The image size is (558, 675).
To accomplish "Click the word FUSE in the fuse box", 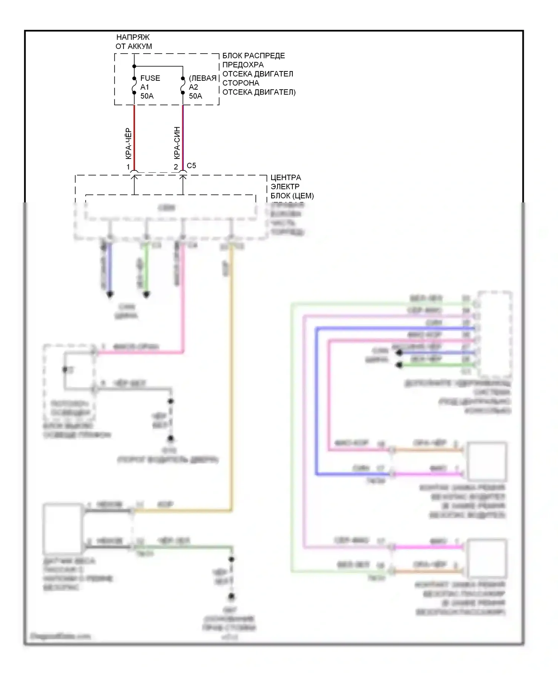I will (x=150, y=78).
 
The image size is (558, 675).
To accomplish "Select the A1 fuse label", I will (x=145, y=87).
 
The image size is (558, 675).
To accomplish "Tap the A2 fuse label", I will (x=193, y=87).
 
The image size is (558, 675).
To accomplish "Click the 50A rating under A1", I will (x=147, y=96).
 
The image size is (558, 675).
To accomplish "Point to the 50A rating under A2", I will (x=196, y=96).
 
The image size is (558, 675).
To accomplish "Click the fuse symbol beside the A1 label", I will (x=134, y=85).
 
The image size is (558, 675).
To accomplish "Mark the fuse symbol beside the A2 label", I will (x=183, y=86).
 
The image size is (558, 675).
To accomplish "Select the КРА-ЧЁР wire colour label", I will (x=128, y=144).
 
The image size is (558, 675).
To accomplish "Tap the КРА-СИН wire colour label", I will (x=177, y=143).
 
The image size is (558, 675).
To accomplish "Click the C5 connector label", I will (x=191, y=166).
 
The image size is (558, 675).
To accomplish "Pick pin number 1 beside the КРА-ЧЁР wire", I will (x=128, y=167).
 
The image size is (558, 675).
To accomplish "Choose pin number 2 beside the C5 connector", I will (x=176, y=167).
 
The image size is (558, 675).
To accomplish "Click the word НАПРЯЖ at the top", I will (x=133, y=37).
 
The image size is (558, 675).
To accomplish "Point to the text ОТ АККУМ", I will (x=134, y=47).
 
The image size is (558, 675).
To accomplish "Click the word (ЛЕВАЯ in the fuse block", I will (x=203, y=78).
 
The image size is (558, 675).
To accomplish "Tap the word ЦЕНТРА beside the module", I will (x=286, y=177).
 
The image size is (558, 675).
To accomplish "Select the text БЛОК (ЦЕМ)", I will (x=292, y=196).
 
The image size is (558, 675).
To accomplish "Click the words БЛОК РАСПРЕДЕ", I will (x=254, y=56).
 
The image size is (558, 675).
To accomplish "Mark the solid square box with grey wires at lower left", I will (x=62, y=528).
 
